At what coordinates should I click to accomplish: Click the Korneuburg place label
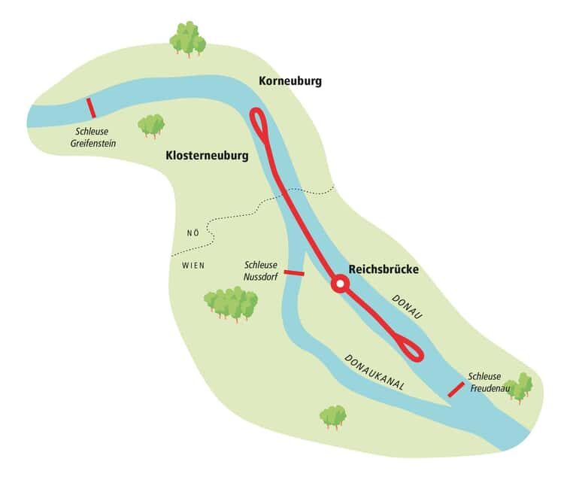click(290, 80)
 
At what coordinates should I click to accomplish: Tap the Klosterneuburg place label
click(206, 156)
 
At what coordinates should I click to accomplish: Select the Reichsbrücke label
click(384, 269)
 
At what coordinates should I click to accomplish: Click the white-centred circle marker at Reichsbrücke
click(340, 284)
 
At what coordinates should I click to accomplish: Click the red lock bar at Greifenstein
click(91, 108)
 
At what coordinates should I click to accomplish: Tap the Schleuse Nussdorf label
click(261, 271)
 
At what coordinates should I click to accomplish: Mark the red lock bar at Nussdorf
click(293, 273)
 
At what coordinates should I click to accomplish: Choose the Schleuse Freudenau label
click(489, 383)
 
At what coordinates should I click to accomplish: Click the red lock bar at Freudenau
click(456, 389)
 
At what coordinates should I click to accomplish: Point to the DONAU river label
click(408, 308)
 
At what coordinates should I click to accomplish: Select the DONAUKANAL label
click(374, 372)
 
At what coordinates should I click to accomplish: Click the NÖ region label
click(193, 232)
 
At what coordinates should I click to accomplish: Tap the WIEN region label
click(193, 266)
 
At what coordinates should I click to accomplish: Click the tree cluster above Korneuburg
click(187, 38)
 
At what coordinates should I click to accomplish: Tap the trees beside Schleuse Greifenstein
click(151, 125)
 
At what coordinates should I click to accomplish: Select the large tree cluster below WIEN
click(231, 303)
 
